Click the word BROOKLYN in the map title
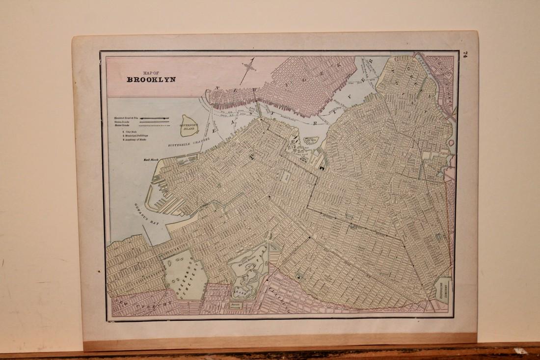pyautogui.click(x=151, y=79)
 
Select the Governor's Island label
pyautogui.click(x=189, y=126)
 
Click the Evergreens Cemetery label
pyautogui.click(x=443, y=290)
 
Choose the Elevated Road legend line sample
pyautogui.click(x=155, y=118)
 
